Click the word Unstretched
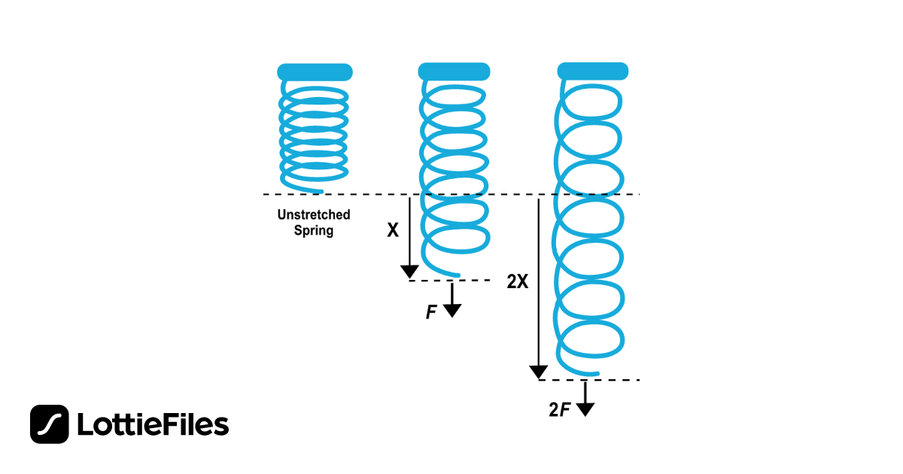pos(313,215)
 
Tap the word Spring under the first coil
pos(313,231)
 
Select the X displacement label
pos(392,230)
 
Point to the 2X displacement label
pos(518,282)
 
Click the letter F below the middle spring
pos(431,312)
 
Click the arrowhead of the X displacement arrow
pos(409,272)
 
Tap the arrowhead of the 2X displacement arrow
pos(539,372)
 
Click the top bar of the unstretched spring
pos(315,72)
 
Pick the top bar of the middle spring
pos(454,71)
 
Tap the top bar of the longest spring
pos(593,71)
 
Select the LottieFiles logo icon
pos(50,424)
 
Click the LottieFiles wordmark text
pos(153,425)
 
